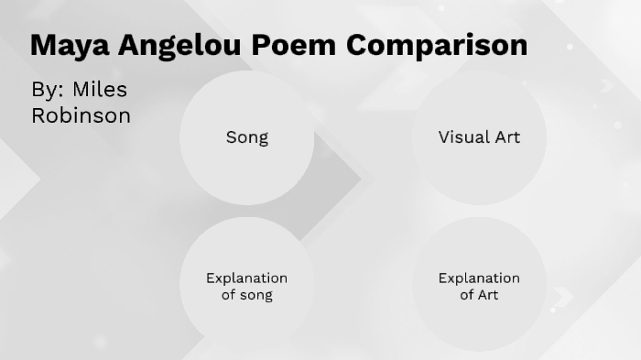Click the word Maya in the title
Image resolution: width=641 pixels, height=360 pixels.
pyautogui.click(x=68, y=45)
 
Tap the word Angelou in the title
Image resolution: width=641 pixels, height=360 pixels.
pyautogui.click(x=185, y=45)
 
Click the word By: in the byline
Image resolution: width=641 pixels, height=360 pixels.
pyautogui.click(x=47, y=90)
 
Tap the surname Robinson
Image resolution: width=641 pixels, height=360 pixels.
pyautogui.click(x=81, y=115)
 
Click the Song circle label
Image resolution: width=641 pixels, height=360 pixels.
pyautogui.click(x=247, y=137)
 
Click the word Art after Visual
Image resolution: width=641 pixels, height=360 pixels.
pyautogui.click(x=506, y=137)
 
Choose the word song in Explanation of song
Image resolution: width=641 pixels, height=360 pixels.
pyautogui.click(x=255, y=295)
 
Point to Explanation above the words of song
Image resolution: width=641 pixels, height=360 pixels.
pyautogui.click(x=246, y=278)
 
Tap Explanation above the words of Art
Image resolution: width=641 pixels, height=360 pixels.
pyautogui.click(x=479, y=278)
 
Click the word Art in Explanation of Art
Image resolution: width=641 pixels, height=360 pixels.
pyautogui.click(x=488, y=295)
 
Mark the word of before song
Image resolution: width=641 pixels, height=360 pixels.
pyautogui.click(x=229, y=295)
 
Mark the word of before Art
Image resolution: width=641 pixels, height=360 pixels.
pyautogui.click(x=467, y=295)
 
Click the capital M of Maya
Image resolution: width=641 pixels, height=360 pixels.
pyautogui.click(x=42, y=45)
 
